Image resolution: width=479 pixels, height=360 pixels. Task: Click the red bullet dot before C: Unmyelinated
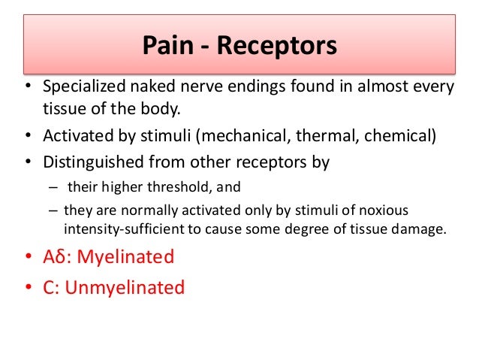coord(27,287)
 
